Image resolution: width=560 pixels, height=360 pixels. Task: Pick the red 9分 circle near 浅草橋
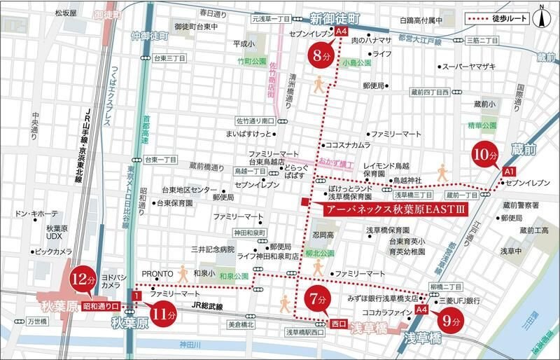pyautogui.click(x=450, y=322)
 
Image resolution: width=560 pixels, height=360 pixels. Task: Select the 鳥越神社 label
pyautogui.click(x=407, y=180)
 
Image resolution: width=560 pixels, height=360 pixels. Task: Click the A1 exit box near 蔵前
pyautogui.click(x=509, y=172)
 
